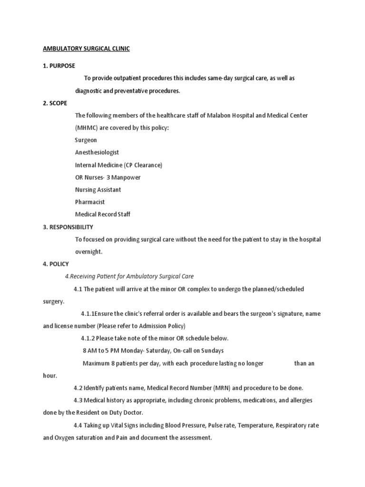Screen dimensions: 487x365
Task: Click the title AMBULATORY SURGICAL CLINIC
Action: pos(86,49)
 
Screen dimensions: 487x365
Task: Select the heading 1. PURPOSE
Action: pos(59,66)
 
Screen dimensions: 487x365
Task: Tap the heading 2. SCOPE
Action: pos(55,103)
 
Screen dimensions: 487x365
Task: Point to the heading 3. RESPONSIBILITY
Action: pos(68,227)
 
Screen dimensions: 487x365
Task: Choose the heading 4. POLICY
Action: pos(56,264)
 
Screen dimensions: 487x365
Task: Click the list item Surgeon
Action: pos(86,140)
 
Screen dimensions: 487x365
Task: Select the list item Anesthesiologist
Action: pos(97,153)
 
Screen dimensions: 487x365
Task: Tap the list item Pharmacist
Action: pos(90,202)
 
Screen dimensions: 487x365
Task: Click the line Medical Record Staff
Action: pos(103,214)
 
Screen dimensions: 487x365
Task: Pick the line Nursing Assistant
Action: pos(98,190)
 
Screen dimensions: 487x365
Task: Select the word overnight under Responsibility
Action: pos(89,252)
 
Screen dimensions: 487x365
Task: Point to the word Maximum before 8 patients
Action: pos(96,363)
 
